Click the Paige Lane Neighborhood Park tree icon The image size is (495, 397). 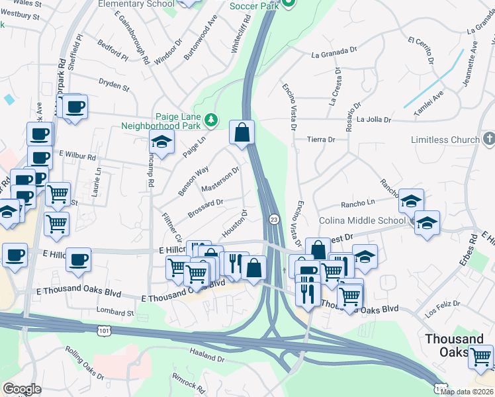click(211, 120)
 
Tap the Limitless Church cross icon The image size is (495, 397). click(488, 140)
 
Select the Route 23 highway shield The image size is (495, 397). click(273, 218)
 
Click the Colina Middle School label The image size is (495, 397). click(362, 220)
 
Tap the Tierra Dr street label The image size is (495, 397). click(322, 140)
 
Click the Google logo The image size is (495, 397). click(22, 389)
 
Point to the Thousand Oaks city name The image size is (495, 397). click(454, 345)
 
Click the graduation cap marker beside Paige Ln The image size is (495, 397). click(161, 141)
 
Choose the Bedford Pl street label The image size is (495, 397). click(112, 51)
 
